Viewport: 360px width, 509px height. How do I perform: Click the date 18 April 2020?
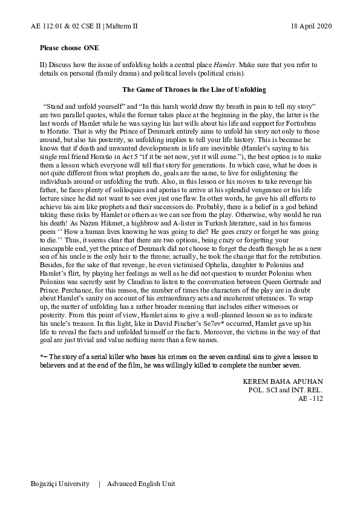pos(307,26)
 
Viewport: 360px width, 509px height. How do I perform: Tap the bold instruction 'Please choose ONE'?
pos(69,47)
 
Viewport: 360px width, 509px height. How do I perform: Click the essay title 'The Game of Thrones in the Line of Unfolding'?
pos(194,89)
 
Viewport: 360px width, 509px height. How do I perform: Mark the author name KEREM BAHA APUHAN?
pos(283,382)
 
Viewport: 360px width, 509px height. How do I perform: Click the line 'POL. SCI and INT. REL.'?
pos(287,390)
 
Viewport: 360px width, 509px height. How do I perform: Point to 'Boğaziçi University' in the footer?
pos(60,484)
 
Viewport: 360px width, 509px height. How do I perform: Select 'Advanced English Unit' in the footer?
pos(141,484)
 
